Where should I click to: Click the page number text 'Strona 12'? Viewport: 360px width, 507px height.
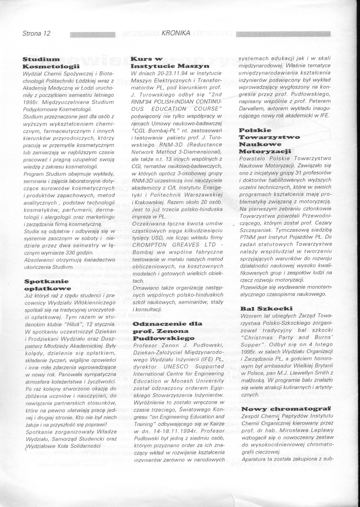click(x=36, y=33)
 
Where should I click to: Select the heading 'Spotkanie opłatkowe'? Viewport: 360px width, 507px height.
click(x=46, y=285)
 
